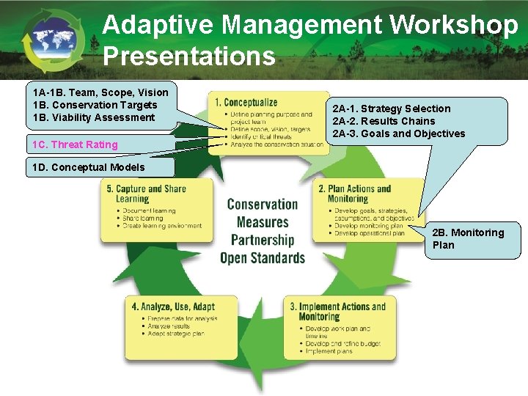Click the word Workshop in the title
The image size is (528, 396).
453,25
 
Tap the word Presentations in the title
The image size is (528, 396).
189,56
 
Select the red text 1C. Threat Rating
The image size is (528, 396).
76,144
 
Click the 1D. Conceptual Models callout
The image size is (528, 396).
89,167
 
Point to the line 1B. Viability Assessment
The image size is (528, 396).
94,117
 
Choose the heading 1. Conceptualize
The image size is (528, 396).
246,103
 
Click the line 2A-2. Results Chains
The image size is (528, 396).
384,121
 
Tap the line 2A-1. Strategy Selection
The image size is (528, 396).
392,109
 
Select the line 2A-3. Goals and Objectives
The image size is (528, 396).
399,133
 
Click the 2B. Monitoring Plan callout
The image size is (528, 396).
469,238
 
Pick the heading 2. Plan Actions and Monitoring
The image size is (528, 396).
355,194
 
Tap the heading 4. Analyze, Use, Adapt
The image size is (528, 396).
173,307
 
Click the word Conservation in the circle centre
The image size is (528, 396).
262,205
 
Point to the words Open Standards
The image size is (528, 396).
262,257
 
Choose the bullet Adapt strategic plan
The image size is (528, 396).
176,334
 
